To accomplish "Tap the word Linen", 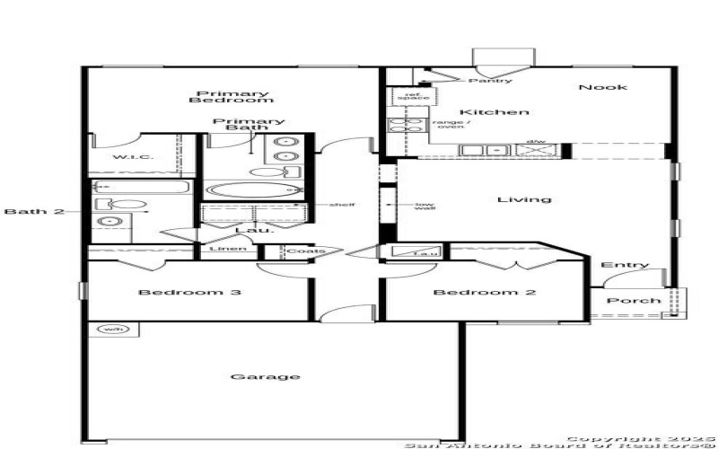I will coord(222,249).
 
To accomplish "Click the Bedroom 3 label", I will coord(177,292).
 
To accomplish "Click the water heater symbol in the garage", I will coord(113,330).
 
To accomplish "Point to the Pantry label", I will coord(495,81).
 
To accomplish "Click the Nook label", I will coord(602,87).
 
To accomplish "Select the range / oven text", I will coord(448,124).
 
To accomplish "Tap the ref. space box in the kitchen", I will coord(413,96).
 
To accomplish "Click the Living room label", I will coord(524,198).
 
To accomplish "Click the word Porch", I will coord(634,300).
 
